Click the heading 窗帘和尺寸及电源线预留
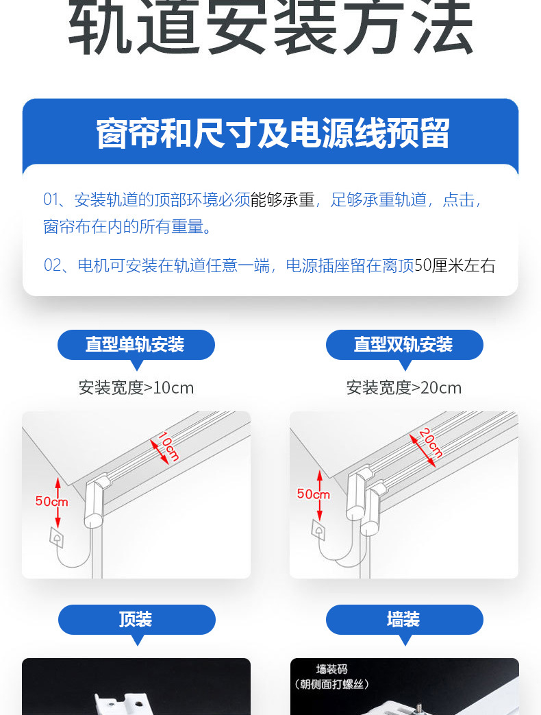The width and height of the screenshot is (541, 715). point(273,133)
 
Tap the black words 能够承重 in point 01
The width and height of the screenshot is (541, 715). point(282,199)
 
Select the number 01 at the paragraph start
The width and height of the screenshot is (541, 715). point(51,199)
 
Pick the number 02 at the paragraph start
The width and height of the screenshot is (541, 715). point(52,265)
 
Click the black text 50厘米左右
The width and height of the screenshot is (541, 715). point(455,265)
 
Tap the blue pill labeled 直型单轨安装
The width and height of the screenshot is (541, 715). point(136,345)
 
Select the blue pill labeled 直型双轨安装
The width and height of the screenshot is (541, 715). point(405,345)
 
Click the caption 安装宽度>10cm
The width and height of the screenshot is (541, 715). point(136,388)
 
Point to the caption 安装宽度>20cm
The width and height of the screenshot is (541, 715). point(404,388)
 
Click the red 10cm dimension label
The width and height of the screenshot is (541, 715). point(168,446)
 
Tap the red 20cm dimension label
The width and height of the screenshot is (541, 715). point(431,442)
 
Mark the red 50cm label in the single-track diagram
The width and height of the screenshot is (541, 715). point(51,502)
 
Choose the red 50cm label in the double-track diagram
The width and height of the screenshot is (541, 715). point(314,494)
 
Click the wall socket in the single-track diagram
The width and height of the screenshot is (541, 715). point(57,537)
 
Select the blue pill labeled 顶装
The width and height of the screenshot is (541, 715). point(136,620)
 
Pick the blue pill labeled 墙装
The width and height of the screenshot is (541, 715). point(405,620)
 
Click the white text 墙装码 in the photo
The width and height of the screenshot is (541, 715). point(332,669)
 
